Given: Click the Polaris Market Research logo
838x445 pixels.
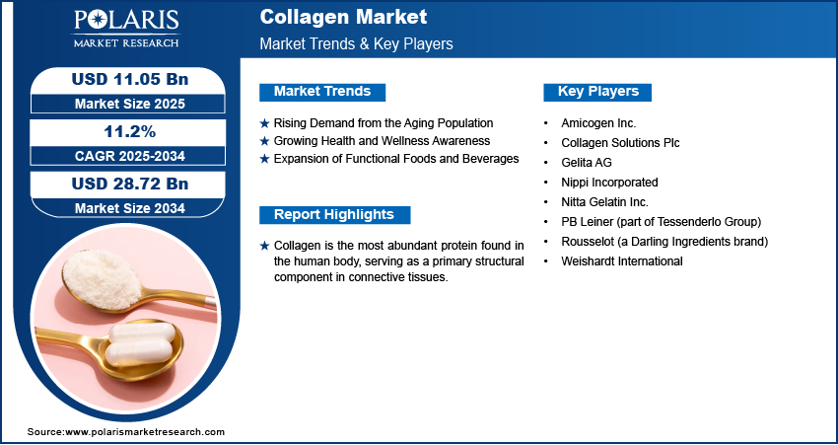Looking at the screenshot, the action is click(126, 29).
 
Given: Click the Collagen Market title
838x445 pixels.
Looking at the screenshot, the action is click(343, 17).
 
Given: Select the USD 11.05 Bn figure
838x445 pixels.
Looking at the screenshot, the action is click(130, 79).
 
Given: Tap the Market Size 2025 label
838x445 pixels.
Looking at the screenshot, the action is click(130, 104).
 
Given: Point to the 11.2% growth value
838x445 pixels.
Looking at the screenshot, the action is click(130, 131).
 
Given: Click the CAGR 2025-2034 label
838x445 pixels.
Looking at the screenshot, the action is click(130, 156).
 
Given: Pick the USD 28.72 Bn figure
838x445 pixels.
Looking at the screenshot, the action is click(130, 184).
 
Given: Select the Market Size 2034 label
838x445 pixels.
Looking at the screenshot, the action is click(130, 208).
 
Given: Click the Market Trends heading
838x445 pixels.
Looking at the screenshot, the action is click(322, 92).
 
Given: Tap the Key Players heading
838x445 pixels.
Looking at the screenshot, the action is click(598, 92).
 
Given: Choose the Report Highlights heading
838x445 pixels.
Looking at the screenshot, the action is click(334, 214).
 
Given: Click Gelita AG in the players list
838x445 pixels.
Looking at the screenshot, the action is click(587, 163).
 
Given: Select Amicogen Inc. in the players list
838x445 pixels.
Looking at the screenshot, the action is click(598, 123).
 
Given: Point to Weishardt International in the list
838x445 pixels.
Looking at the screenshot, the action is click(622, 261).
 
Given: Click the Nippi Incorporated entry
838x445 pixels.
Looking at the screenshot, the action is click(609, 183).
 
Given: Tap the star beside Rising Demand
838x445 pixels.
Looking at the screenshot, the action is click(264, 123).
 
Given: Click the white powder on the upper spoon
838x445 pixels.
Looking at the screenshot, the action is click(102, 278).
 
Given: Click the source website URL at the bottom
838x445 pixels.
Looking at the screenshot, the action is click(145, 431).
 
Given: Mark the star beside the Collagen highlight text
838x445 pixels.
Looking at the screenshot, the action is click(264, 246).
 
